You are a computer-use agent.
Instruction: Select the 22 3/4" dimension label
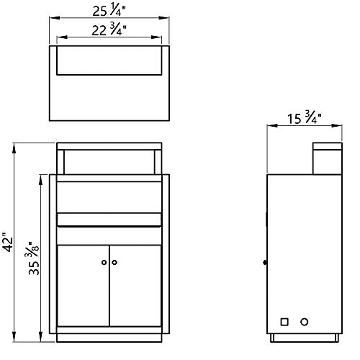tap(109, 30)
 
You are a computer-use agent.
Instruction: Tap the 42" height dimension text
tap(8, 242)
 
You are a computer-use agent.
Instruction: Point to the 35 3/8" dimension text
tap(33, 258)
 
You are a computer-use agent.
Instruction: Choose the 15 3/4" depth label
tap(305, 117)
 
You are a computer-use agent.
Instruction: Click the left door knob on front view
tap(104, 262)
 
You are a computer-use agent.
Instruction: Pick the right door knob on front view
tap(114, 262)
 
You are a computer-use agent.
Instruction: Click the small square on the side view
tap(284, 322)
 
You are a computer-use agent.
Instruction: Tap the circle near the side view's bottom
tap(304, 322)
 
